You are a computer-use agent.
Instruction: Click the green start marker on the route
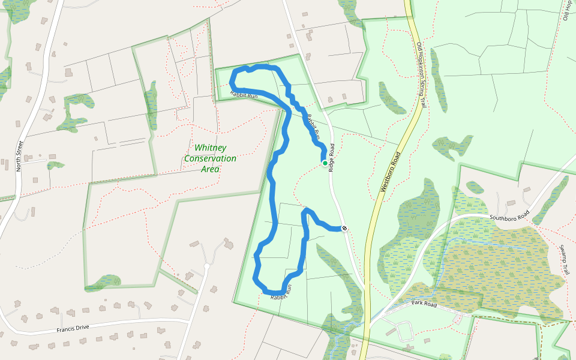tap(325, 163)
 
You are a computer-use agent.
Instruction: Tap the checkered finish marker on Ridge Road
tap(344, 228)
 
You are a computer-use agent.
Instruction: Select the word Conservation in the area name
tap(210, 158)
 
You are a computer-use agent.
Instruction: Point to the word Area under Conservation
tap(210, 169)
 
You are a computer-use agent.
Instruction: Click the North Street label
tap(19, 156)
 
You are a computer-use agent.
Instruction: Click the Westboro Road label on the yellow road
tap(391, 172)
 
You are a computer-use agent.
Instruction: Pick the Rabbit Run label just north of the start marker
tap(313, 126)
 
